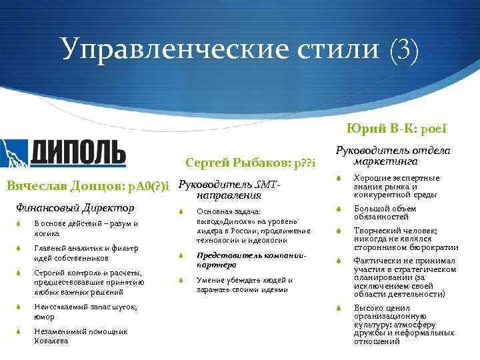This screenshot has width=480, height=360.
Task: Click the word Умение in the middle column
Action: [209, 280]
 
